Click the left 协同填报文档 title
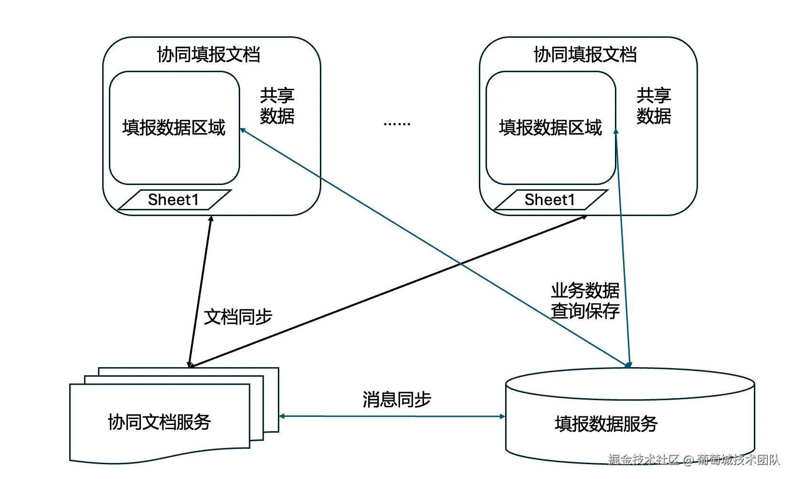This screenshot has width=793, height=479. [209, 54]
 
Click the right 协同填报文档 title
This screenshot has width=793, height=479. [585, 54]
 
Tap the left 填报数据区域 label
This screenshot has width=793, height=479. [174, 128]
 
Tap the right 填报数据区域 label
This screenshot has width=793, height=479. [550, 128]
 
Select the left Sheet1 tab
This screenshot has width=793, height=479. [174, 200]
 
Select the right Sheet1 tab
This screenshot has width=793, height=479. [550, 200]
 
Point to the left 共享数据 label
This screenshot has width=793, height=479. [277, 106]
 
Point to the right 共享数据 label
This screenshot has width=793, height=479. [654, 106]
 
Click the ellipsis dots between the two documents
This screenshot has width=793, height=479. [397, 124]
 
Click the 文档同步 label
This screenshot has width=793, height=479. [238, 316]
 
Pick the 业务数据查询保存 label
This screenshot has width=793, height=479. [585, 301]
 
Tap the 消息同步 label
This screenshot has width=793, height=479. [397, 399]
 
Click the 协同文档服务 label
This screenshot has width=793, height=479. [159, 422]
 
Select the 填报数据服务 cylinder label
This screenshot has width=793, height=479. [606, 424]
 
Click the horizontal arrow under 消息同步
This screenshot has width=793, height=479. [391, 416]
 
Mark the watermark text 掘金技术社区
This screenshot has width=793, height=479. [644, 460]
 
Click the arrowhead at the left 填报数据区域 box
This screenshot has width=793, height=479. [243, 130]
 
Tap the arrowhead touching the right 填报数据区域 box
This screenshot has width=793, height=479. [616, 132]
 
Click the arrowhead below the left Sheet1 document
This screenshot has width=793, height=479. [211, 219]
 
